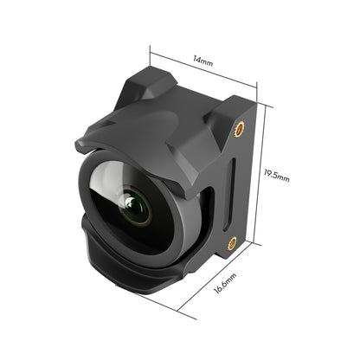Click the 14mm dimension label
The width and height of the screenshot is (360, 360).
[x=202, y=62]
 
